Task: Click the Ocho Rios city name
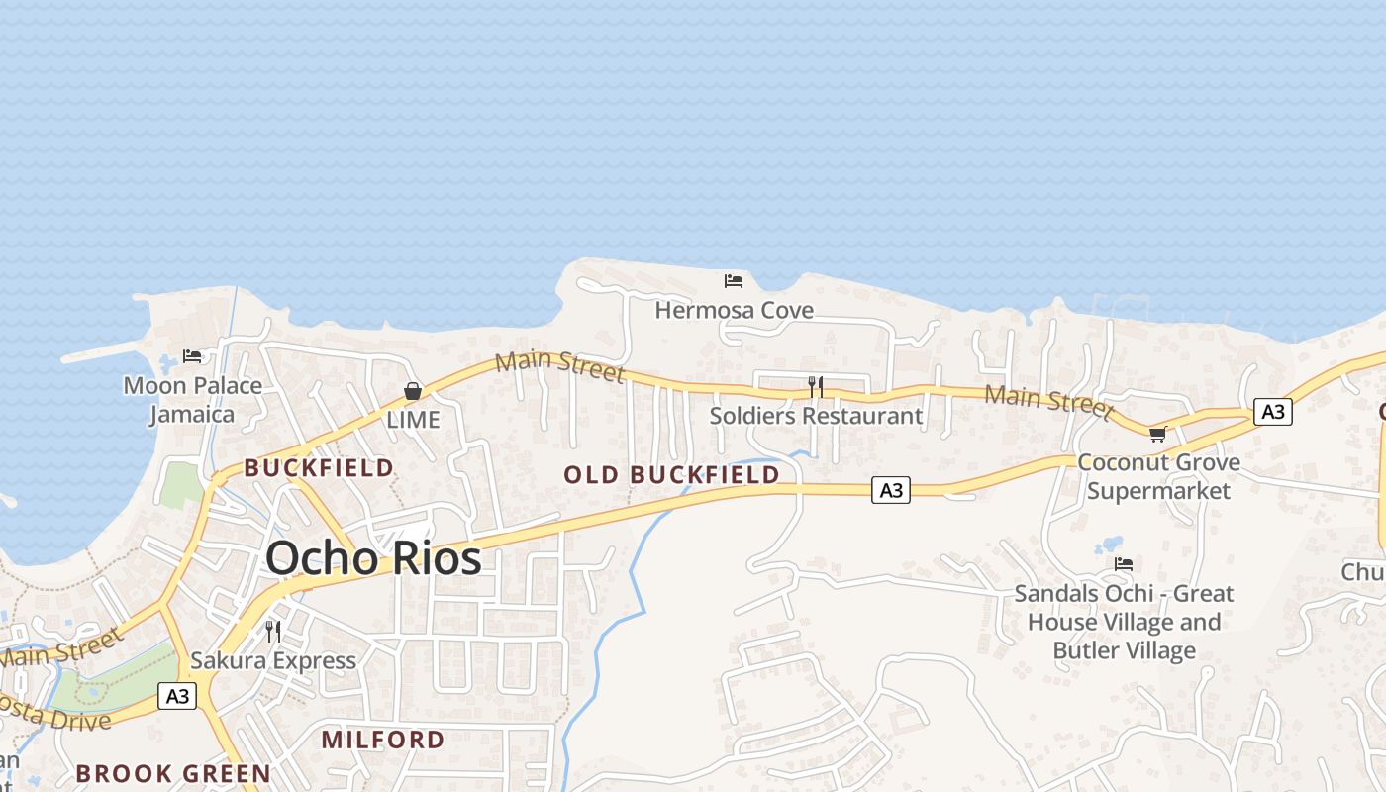(373, 558)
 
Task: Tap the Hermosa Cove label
(734, 310)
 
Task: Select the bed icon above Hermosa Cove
(734, 281)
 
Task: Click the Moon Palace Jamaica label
(193, 399)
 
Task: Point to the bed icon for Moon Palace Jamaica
(192, 356)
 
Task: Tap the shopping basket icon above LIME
(413, 391)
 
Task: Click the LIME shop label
(413, 420)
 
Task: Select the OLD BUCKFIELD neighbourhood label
(671, 475)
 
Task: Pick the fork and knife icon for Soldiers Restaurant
(816, 386)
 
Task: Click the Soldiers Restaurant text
(816, 416)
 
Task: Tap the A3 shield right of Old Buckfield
(891, 489)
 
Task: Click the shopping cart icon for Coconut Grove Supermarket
(1157, 434)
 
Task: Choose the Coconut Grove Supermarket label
(1158, 476)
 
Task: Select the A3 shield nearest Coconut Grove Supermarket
(1272, 411)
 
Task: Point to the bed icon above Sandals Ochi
(1124, 564)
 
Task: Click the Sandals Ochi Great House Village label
(1124, 622)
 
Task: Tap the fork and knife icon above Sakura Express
(273, 631)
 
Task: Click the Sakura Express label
(273, 660)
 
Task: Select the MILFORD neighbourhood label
(383, 740)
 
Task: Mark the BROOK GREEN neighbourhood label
(173, 773)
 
